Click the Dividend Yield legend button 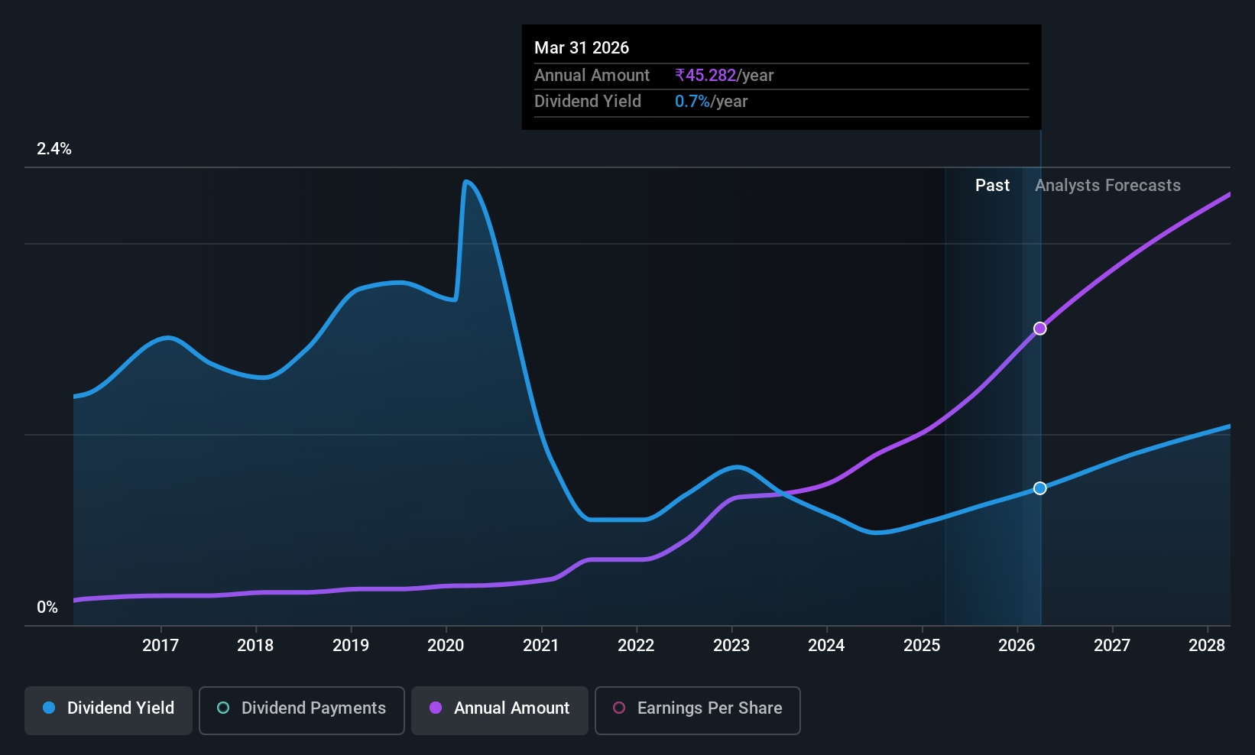[x=108, y=710]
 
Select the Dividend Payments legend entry [x=301, y=710]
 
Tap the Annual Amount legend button [x=500, y=710]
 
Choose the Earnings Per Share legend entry [x=698, y=710]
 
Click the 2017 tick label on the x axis [x=161, y=645]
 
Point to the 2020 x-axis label [x=446, y=645]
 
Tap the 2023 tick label [x=731, y=645]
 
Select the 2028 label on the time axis [x=1207, y=645]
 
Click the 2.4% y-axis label [x=54, y=149]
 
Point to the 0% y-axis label [x=47, y=608]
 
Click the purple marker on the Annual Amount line [x=1040, y=329]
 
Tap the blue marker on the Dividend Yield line [x=1040, y=488]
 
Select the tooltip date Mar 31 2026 [x=582, y=48]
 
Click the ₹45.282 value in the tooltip [x=705, y=75]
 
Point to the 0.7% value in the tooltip [x=692, y=102]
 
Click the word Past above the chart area [x=992, y=186]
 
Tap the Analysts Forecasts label [x=1107, y=186]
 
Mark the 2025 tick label [x=922, y=645]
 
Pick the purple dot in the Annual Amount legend [x=436, y=708]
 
